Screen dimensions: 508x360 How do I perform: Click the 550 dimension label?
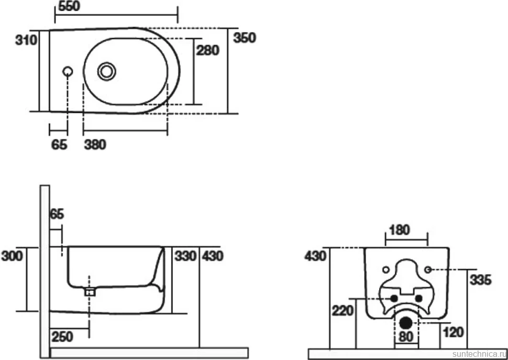point(69,6)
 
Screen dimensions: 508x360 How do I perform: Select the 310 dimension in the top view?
point(26,40)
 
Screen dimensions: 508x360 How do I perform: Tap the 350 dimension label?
point(245,38)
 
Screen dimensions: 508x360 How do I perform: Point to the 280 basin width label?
point(208,50)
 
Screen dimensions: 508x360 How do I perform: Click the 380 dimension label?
point(95,145)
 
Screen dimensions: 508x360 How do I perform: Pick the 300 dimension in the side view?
point(13,256)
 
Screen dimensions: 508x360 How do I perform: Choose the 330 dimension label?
point(185,256)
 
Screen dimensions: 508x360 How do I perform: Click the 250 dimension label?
point(62,336)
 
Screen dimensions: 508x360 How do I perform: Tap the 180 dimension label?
point(400,230)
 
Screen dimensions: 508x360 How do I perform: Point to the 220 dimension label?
point(343,311)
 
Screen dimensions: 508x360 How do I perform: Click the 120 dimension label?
point(453,332)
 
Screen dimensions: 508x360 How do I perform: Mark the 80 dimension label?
point(406,336)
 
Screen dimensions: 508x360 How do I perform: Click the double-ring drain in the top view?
point(107,71)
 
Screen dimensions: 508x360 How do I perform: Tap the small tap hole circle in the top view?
point(68,72)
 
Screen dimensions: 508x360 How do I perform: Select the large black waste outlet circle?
point(406,322)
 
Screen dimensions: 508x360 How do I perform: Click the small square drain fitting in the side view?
point(90,292)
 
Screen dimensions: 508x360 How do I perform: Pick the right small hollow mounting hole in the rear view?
point(428,269)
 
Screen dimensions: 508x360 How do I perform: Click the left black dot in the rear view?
point(394,298)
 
